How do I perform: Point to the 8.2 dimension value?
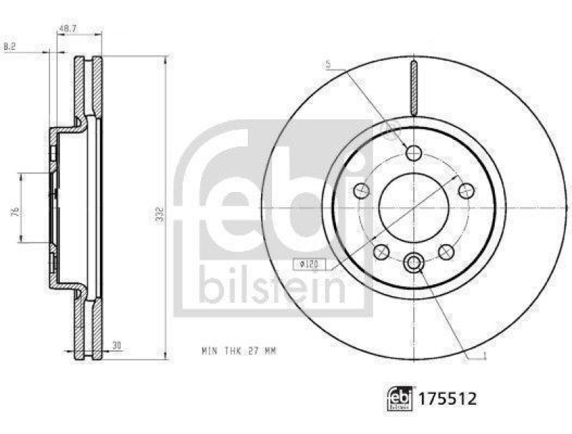[10, 46]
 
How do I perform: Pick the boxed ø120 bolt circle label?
[310, 265]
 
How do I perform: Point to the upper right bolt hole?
[466, 190]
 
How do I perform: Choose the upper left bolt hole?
[363, 191]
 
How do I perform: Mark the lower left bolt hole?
[382, 251]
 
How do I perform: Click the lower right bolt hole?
[447, 251]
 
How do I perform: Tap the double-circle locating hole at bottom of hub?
[414, 263]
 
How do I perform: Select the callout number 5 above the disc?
[327, 65]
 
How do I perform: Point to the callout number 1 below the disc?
[485, 358]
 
